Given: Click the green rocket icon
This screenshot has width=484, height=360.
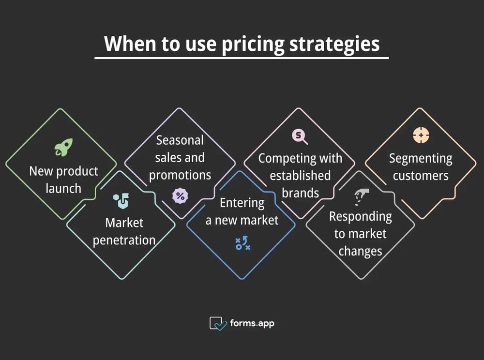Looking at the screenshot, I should pos(63,147).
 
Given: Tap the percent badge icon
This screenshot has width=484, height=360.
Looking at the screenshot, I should pos(180,195).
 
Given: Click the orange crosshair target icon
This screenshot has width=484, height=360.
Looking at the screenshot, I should pos(421,135).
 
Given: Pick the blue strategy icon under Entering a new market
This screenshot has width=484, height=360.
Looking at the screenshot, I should pos(242,243).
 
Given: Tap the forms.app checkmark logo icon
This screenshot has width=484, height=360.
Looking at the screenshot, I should pos(218,323).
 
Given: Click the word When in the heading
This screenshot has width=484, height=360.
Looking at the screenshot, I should pos(128,44).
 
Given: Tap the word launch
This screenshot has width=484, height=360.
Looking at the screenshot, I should pos(63,188).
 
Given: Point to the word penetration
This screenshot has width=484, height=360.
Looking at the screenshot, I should pos(124,240).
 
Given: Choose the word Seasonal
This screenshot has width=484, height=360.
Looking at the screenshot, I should pos(180,140).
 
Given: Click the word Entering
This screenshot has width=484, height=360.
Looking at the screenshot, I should pos(242,203).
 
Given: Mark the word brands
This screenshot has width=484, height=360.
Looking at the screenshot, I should pos(300,193).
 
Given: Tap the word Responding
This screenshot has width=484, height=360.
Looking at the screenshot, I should pos(360,216).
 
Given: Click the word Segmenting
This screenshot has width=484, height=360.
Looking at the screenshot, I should pos(421,158).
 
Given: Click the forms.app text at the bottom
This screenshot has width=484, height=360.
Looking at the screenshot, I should pos(253,323).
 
